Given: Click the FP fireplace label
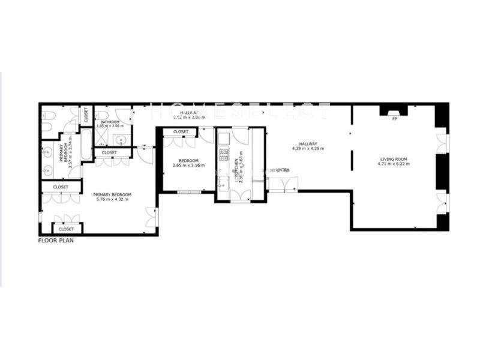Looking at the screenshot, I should click(x=394, y=119).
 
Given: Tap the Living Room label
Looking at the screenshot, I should click(x=394, y=158).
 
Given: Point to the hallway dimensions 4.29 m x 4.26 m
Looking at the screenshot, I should click(x=308, y=148).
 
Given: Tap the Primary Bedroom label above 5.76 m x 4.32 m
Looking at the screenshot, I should click(x=112, y=194).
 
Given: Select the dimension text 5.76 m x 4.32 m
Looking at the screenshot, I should click(x=112, y=199).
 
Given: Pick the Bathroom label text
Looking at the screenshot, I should click(x=110, y=122).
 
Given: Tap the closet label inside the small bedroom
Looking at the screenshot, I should click(x=181, y=131).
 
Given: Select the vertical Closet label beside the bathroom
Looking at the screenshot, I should click(x=86, y=115).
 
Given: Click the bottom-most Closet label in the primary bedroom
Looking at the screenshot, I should click(x=66, y=229).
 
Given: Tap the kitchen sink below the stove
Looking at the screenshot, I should click(x=223, y=180).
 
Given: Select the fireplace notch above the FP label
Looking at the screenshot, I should click(x=394, y=110).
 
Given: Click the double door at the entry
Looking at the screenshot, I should click(x=282, y=182).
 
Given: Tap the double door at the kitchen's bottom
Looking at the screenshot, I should click(x=239, y=193).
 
